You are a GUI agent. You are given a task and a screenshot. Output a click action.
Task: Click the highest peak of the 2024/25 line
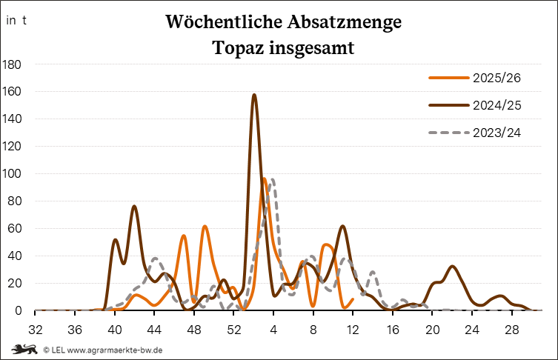tap(254, 95)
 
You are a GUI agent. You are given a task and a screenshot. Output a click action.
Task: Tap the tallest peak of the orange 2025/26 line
tap(264, 179)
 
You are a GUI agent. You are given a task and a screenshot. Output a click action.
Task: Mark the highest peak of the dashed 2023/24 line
tap(273, 179)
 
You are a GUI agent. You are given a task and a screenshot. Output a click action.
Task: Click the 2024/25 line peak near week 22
tap(452, 267)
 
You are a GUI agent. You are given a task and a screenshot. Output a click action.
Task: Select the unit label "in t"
tap(16, 21)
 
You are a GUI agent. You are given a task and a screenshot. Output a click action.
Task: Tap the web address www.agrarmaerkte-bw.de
tap(115, 350)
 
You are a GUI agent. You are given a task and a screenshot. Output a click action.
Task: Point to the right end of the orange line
tap(353, 300)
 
